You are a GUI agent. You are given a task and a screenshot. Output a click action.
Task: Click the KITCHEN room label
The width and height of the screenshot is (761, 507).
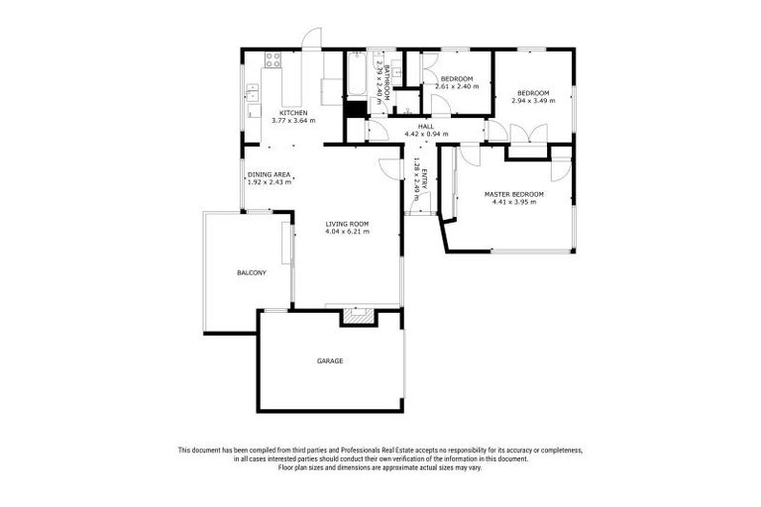293,113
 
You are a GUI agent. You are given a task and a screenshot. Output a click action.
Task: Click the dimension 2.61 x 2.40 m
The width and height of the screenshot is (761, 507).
457,87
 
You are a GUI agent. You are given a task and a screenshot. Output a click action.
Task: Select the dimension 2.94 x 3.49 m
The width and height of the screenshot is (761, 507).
533,101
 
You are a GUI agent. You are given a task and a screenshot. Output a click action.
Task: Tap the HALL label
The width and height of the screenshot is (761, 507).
426,127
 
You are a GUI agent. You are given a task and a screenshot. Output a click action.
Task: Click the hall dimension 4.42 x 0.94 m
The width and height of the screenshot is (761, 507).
426,135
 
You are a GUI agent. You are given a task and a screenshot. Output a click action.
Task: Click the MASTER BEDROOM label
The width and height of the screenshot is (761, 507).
514,194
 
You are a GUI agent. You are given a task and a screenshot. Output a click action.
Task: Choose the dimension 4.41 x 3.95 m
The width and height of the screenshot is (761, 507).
514,202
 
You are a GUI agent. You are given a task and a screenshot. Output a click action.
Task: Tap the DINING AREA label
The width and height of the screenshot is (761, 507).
269,174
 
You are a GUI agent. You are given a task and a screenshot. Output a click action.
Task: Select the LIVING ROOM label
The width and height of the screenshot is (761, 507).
347,224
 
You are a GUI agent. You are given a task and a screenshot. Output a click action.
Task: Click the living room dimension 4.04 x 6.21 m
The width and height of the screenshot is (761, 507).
347,232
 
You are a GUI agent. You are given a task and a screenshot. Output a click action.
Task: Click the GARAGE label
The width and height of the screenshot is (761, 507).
330,360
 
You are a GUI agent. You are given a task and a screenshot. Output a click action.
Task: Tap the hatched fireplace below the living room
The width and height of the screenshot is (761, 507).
356,318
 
